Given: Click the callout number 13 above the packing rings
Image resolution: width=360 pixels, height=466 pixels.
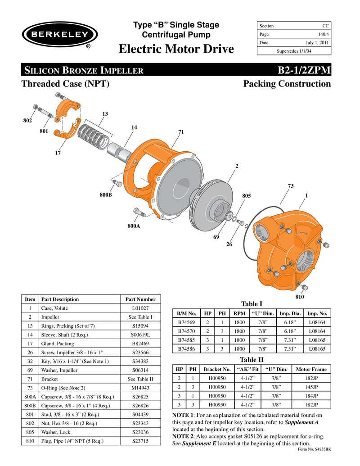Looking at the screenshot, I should [x=105, y=114].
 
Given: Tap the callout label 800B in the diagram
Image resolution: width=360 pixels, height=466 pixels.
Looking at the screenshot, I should [x=106, y=195].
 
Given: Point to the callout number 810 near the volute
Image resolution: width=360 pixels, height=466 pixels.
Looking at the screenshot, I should [x=300, y=298].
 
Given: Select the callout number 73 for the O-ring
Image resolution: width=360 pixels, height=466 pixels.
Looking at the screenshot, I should [x=290, y=185].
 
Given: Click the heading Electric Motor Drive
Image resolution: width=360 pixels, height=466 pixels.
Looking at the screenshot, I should [x=176, y=49].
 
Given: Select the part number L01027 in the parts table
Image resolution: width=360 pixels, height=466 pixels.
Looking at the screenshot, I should [x=140, y=308].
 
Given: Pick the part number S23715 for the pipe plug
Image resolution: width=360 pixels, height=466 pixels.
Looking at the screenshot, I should [x=140, y=441].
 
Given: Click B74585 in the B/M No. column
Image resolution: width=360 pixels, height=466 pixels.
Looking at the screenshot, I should [x=187, y=340].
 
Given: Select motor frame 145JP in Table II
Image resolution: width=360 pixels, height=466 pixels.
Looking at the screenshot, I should [x=311, y=387].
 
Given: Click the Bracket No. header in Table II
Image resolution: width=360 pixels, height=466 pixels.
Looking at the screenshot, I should [x=217, y=369].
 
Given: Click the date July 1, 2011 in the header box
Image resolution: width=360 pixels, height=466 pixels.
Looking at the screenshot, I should [x=317, y=43].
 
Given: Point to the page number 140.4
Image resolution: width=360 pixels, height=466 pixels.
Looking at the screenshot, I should [x=322, y=34].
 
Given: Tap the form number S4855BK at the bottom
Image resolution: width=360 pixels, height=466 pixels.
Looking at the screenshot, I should [x=315, y=449].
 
